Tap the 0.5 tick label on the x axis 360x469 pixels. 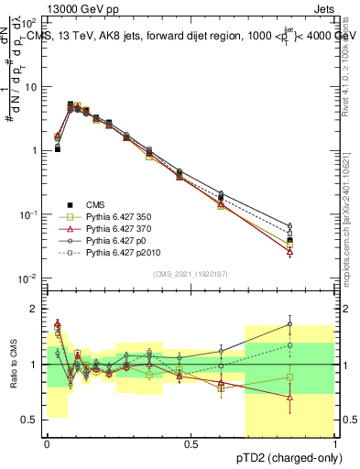pos(191,443)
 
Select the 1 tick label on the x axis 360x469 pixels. pos(334,443)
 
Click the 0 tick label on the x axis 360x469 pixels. pos(47,443)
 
